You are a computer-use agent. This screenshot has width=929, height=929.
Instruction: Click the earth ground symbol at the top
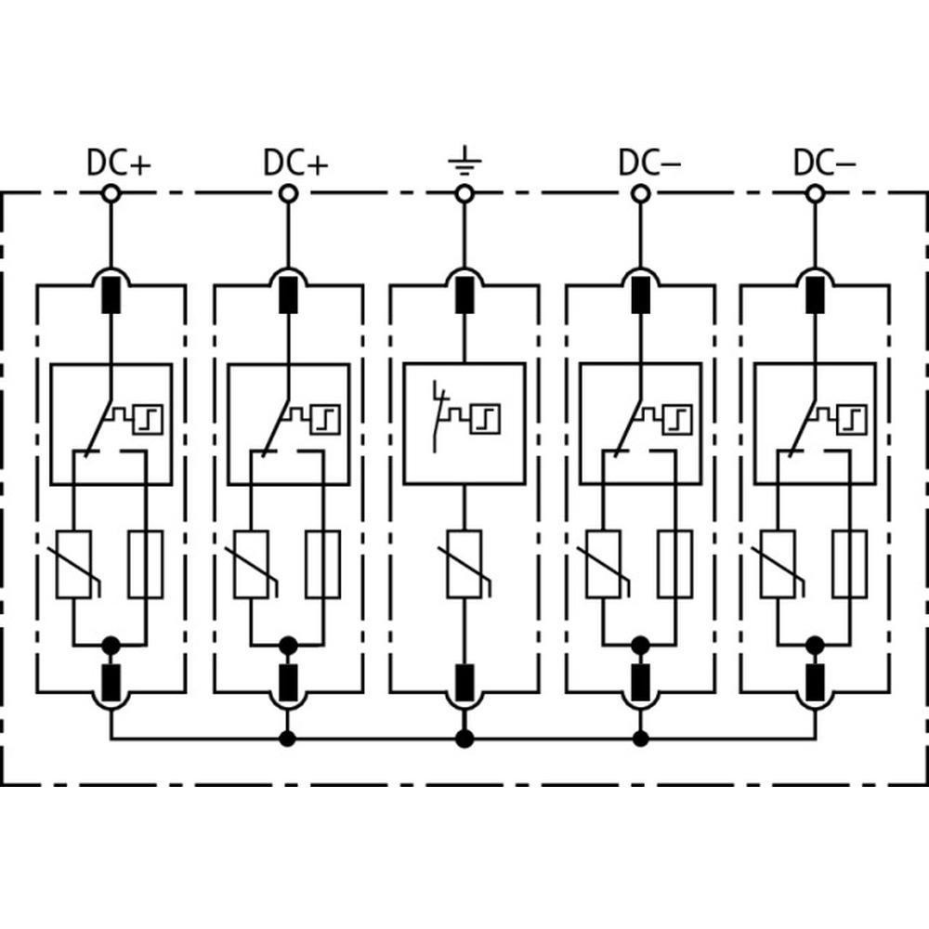point(464,161)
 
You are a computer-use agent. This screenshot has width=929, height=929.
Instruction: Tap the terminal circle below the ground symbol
point(464,194)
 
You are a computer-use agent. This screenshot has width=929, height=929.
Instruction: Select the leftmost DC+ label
point(119,163)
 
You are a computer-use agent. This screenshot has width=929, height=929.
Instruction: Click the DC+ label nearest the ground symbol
point(295,163)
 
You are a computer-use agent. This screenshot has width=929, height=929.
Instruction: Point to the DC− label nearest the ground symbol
point(649,163)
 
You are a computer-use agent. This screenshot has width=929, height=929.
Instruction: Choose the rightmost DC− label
point(824,163)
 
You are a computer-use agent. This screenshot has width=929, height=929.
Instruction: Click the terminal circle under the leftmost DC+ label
point(111,194)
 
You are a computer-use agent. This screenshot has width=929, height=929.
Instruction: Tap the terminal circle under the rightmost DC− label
point(816,194)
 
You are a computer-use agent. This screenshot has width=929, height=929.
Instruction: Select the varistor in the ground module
point(464,565)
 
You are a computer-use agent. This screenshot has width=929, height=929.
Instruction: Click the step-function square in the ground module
point(486,420)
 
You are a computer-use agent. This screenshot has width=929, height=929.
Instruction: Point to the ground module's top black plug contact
point(464,294)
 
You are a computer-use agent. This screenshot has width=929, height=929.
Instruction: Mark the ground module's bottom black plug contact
point(464,683)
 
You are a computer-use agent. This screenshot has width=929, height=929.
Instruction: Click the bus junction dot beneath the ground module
point(464,739)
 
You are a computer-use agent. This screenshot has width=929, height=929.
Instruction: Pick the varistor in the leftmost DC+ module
point(74,565)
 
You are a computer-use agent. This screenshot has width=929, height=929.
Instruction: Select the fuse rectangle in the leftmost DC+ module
point(146,564)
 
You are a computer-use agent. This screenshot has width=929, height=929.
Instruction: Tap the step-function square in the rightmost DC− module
point(851,420)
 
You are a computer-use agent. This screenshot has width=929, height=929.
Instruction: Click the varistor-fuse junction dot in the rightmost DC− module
point(816,645)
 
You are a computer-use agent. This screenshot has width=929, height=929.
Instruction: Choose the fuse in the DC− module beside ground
point(674,564)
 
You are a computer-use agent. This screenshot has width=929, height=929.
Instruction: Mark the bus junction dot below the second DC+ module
point(288,739)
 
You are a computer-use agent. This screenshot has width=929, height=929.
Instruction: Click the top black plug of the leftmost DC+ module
point(111,294)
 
